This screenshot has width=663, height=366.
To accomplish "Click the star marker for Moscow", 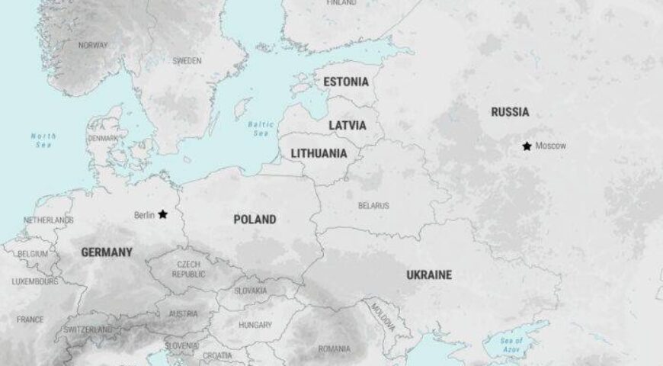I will click(527, 146).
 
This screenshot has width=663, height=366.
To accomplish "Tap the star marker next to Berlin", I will click(162, 215).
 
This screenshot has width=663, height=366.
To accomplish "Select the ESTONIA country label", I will click(345, 82).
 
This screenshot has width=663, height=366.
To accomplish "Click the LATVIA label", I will click(348, 125).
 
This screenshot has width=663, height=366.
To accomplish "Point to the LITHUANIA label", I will click(319, 153).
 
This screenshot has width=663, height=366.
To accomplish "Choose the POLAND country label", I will click(255, 220).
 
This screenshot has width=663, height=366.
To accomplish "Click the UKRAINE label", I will click(429, 274).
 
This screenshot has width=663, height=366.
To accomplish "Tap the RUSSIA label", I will click(510, 112).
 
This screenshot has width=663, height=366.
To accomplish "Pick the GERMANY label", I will click(107, 252).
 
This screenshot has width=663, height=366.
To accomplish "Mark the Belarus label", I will click(373, 206).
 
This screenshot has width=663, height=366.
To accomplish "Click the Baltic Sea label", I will click(261, 128).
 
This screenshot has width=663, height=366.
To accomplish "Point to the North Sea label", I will click(43, 140).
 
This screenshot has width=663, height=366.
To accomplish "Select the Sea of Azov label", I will click(512, 344).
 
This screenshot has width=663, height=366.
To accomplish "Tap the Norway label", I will click(94, 45).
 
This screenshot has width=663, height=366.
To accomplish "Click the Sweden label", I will click(187, 60).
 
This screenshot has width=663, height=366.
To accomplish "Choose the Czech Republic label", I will click(187, 268).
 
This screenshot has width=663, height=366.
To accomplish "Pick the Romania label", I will click(334, 348).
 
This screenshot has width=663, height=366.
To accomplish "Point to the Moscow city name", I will click(551, 146).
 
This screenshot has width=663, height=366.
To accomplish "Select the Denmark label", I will click(103, 139).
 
